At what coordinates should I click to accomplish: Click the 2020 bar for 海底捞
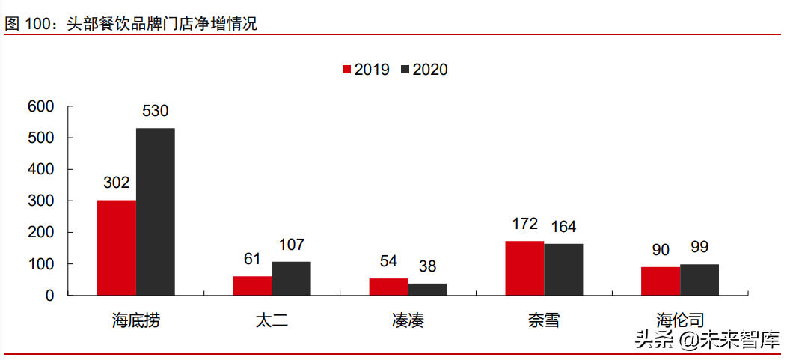click(155, 212)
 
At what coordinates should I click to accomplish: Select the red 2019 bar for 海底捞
click(116, 248)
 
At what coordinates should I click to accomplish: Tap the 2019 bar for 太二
click(252, 286)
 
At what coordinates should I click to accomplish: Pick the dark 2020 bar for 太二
click(291, 278)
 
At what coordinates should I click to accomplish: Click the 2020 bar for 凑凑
click(427, 289)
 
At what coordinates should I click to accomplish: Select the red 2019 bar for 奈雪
click(524, 268)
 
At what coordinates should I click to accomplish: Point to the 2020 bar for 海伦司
click(699, 280)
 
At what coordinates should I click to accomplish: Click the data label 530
click(155, 112)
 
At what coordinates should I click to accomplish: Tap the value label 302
click(116, 183)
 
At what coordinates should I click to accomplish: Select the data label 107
click(291, 245)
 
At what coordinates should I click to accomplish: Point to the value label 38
click(427, 266)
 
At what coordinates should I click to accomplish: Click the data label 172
click(524, 224)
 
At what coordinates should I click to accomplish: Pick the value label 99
click(699, 247)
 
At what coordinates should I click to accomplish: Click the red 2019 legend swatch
click(346, 70)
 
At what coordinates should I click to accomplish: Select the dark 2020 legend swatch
click(405, 70)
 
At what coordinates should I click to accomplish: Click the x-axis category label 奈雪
click(543, 321)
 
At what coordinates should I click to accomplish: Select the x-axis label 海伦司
click(679, 321)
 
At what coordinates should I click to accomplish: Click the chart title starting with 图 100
click(131, 24)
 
